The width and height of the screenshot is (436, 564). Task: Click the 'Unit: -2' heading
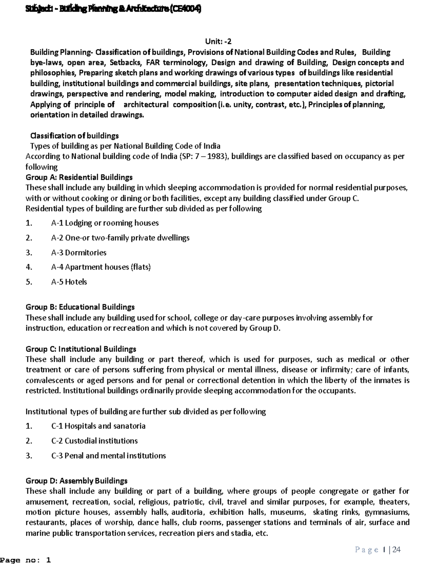tap(218, 41)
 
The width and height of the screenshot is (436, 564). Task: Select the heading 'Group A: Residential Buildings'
tap(79, 177)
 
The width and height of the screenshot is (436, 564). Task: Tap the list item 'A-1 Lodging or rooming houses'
tap(105, 223)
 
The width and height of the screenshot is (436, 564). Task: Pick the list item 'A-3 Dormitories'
tap(78, 252)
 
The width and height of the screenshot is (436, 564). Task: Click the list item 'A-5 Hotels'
tap(69, 282)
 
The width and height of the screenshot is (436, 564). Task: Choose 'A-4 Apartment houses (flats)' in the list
tap(101, 267)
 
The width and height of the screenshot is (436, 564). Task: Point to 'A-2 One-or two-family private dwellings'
tap(120, 238)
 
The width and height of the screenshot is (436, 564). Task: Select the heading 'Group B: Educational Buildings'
tap(80, 307)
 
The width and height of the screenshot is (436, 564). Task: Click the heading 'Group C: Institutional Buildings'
tap(81, 349)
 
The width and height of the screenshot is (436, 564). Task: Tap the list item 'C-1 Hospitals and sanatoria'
tap(98, 426)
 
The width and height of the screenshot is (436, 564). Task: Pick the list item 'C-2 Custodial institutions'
tap(94, 441)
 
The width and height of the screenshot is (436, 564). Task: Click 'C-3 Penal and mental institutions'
tap(108, 456)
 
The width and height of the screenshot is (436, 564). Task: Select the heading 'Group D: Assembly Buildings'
tap(76, 481)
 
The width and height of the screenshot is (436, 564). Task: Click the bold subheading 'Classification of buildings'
tap(74, 136)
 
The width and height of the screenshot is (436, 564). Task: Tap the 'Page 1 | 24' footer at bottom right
tap(378, 549)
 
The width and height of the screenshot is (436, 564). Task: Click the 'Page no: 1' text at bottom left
tap(25, 560)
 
